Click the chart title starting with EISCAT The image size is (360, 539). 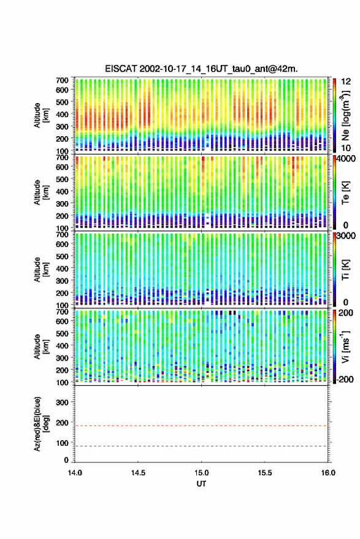click(201, 69)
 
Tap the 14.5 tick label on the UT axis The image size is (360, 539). click(138, 473)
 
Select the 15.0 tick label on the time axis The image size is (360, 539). click(202, 473)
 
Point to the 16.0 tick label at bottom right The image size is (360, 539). click(328, 473)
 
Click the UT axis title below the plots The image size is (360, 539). click(202, 484)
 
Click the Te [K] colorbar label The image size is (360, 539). click(345, 193)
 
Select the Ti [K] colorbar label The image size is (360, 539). click(345, 270)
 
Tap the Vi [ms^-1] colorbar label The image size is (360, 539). click(345, 346)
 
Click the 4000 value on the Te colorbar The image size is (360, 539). click(347, 159)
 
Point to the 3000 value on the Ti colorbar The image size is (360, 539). click(347, 236)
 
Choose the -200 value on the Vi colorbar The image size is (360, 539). click(345, 379)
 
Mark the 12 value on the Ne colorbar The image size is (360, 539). click(347, 82)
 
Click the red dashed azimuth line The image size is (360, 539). click(201, 426)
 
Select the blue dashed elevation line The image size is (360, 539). click(201, 446)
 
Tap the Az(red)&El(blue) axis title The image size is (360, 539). click(41, 424)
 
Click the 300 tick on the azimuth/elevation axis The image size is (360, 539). click(63, 402)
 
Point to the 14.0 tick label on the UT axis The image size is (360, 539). click(75, 473)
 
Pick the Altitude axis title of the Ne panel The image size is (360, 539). click(41, 115)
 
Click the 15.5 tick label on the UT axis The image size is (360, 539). click(265, 473)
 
